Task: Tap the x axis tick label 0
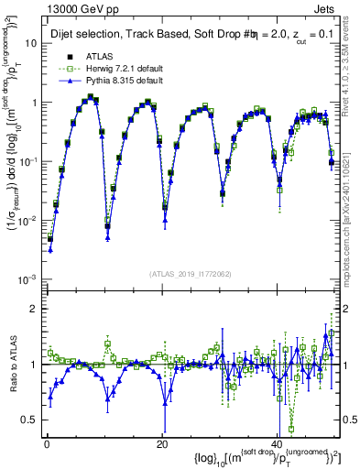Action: point(47,443)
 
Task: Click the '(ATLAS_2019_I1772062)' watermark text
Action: point(189,273)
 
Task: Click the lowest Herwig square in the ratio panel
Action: point(291,428)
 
